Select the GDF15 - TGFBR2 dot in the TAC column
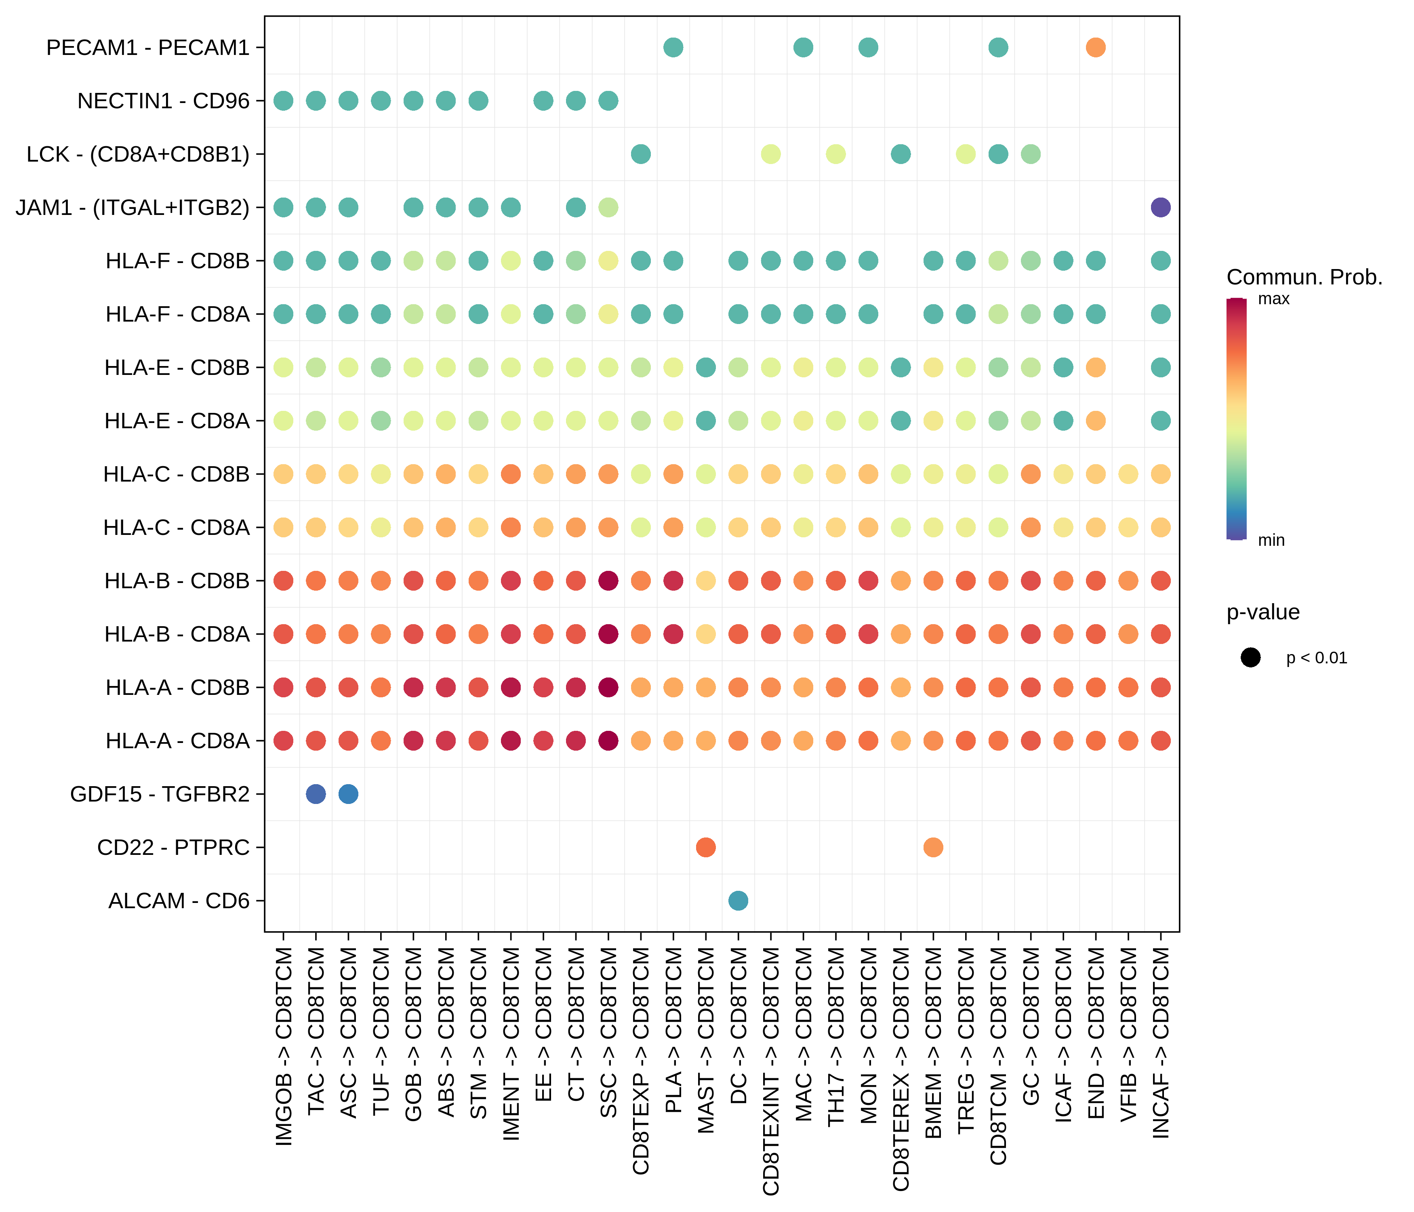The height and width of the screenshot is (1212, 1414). point(315,794)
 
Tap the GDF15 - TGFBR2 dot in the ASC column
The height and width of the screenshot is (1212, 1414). point(348,794)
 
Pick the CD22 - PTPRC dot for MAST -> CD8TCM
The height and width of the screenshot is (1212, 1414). point(706,847)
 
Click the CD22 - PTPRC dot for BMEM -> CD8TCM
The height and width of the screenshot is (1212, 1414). point(933,847)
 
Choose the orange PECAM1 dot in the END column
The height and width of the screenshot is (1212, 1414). point(1095,47)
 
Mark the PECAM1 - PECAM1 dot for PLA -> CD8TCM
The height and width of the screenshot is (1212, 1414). point(673,47)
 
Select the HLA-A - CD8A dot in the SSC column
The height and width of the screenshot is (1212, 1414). point(608,741)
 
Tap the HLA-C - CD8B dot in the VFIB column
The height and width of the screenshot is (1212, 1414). point(1128,473)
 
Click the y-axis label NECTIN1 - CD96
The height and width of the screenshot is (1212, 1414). point(163,101)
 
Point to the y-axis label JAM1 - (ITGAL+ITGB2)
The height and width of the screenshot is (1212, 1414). point(133,208)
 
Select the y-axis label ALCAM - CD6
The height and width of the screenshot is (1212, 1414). point(179,901)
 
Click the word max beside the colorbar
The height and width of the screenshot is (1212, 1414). point(1273,299)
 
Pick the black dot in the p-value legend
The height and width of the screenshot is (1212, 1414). point(1250,658)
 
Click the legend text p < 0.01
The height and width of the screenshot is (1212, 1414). point(1316,658)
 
